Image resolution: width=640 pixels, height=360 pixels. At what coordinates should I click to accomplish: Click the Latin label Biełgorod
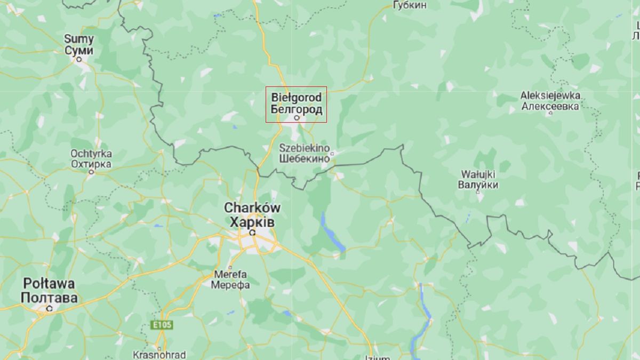(296, 98)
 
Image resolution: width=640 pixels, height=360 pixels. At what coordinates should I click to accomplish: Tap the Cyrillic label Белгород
(296, 109)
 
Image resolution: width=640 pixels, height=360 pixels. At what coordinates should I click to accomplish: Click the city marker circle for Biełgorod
(297, 118)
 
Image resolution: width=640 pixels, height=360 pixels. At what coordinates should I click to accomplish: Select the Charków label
(252, 207)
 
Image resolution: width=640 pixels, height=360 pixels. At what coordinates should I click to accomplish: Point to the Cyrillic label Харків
(252, 221)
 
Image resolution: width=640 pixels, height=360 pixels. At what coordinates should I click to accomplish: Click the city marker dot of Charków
(252, 233)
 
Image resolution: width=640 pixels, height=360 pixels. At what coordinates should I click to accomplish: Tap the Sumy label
(79, 39)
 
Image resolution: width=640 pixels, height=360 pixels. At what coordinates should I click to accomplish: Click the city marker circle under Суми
(79, 60)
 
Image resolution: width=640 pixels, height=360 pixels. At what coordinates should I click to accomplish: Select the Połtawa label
(49, 283)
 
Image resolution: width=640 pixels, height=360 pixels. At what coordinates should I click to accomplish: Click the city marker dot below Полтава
(49, 308)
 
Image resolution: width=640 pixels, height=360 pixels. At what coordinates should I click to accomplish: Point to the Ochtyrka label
(91, 154)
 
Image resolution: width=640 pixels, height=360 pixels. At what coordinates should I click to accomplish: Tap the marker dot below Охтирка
(91, 172)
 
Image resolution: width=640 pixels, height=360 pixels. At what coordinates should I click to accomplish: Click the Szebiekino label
(305, 148)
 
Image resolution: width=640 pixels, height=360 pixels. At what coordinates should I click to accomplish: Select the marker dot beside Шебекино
(332, 154)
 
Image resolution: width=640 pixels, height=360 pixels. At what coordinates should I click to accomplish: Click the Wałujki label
(477, 174)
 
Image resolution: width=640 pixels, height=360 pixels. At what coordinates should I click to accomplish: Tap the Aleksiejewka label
(550, 95)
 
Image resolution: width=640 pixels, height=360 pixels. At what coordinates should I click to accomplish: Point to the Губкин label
(410, 5)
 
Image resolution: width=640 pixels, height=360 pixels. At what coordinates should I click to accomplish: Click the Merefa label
(230, 274)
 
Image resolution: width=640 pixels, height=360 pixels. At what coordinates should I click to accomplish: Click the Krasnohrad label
(159, 355)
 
